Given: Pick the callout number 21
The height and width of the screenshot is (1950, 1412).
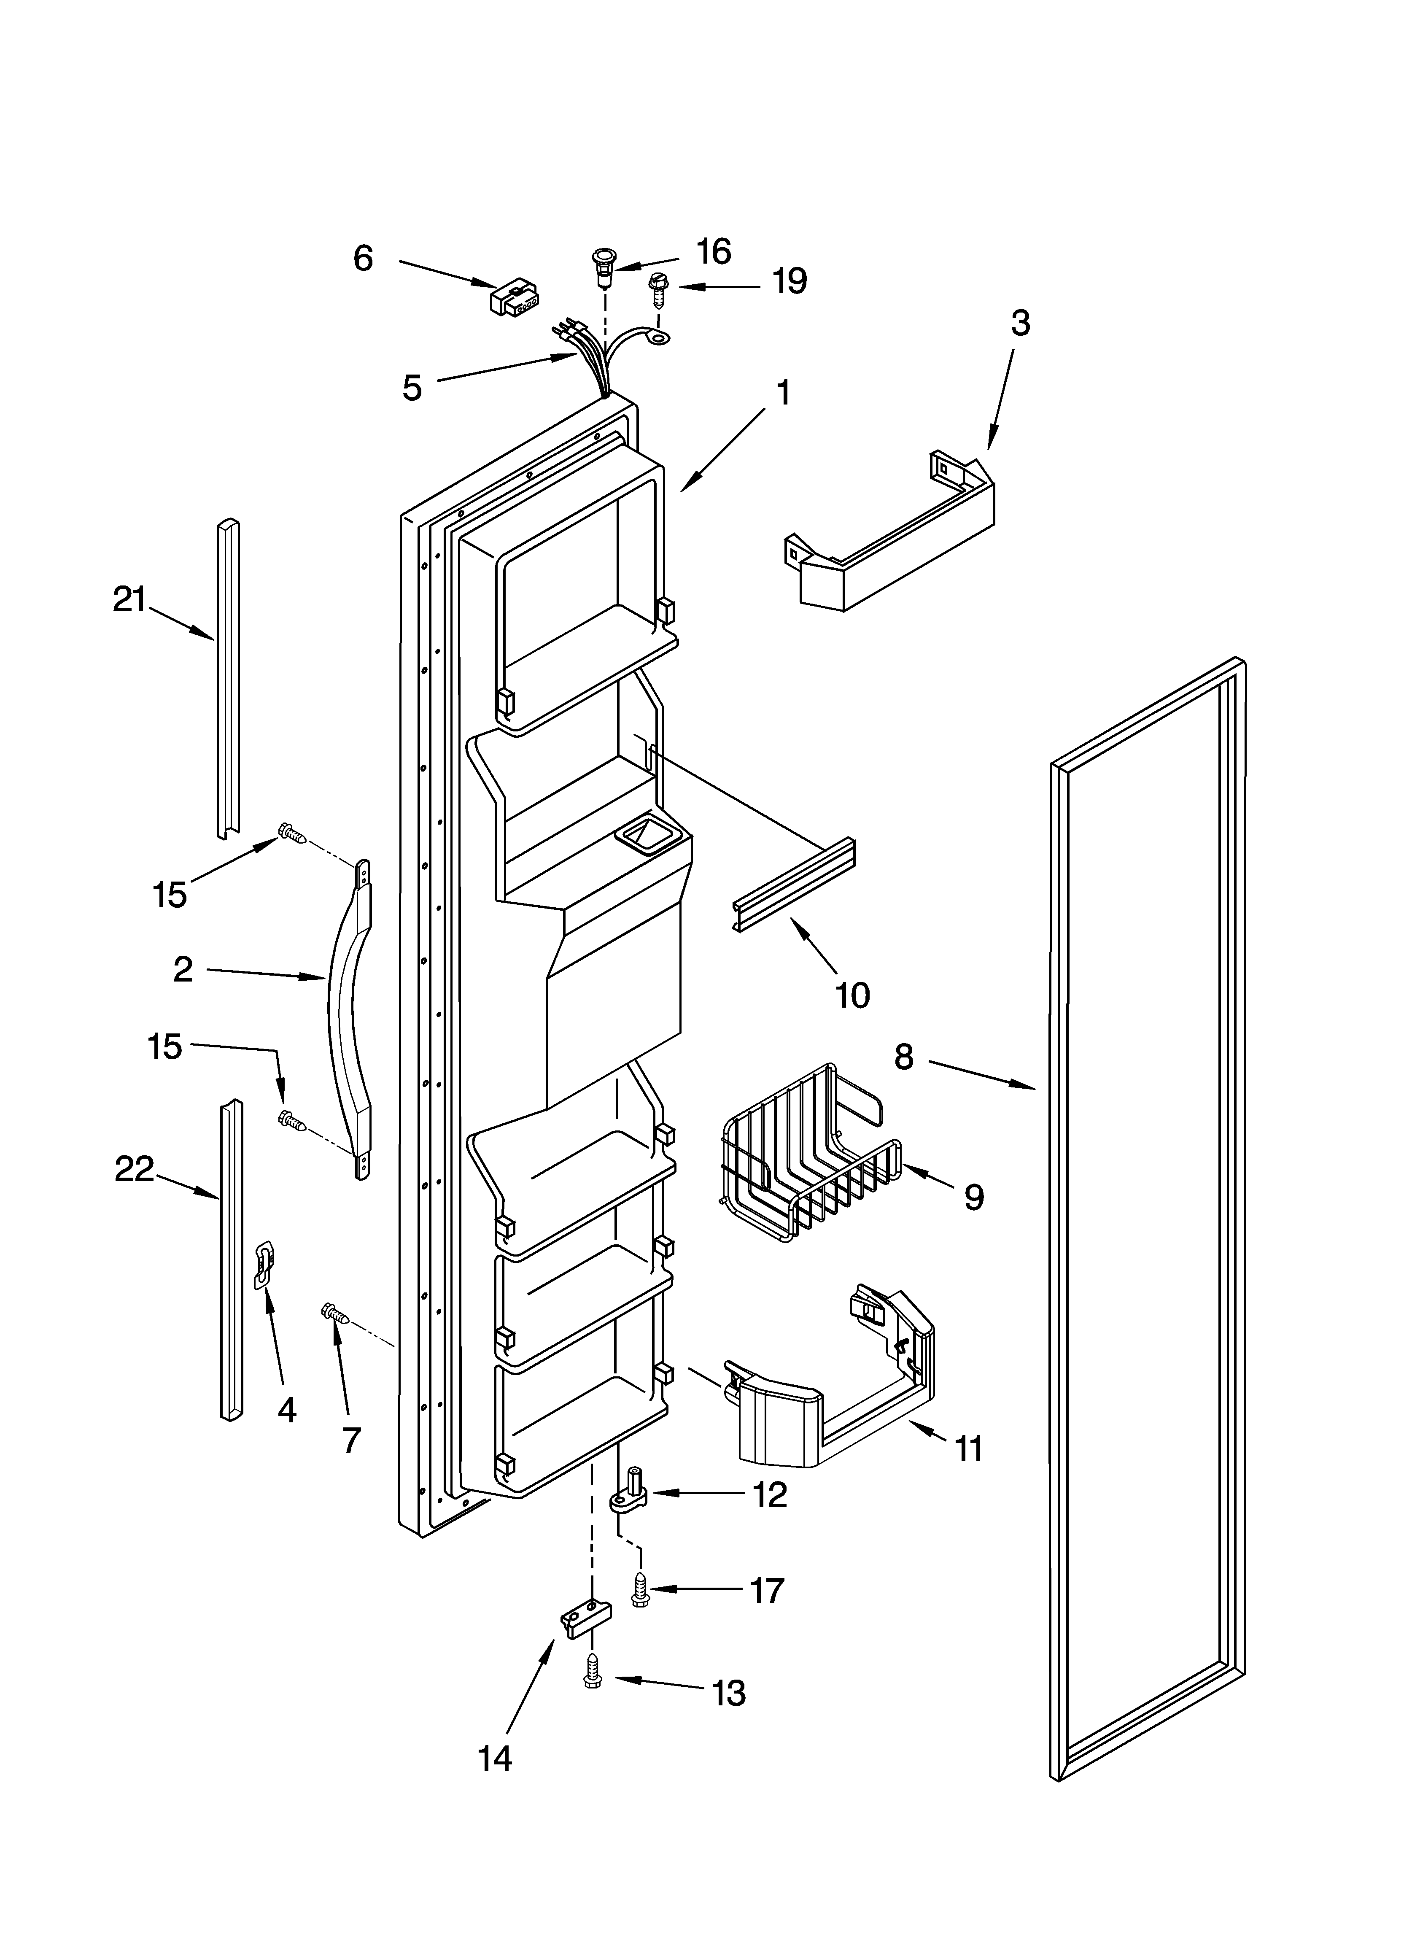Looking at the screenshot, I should [130, 599].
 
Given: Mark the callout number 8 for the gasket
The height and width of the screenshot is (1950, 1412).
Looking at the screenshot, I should [903, 1057].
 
